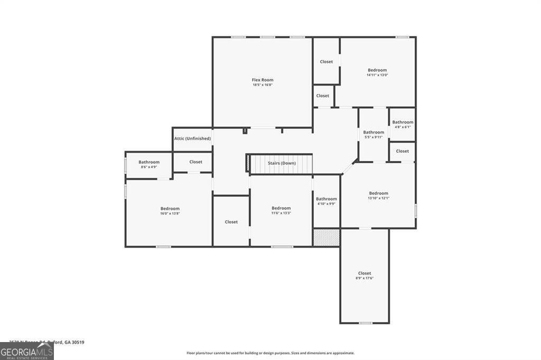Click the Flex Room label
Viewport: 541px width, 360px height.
point(263,80)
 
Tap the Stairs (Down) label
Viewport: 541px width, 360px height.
point(281,163)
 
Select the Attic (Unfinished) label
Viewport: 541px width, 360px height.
point(192,139)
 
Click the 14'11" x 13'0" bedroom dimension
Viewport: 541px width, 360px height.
point(377,75)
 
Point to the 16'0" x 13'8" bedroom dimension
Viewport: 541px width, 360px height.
point(170,213)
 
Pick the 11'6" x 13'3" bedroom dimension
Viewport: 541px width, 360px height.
point(281,213)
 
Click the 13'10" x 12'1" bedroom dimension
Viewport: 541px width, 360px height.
point(378,198)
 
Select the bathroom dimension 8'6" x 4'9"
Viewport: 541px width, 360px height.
point(149,167)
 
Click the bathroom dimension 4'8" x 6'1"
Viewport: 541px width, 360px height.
point(403,127)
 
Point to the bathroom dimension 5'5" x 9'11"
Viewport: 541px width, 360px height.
point(373,137)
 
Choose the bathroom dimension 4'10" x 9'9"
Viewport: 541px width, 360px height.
point(326,204)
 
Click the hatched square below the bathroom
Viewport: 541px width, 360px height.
point(326,237)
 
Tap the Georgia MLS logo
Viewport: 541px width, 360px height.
point(26,351)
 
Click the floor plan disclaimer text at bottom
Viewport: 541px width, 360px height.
point(270,353)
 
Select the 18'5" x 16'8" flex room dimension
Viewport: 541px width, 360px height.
point(263,85)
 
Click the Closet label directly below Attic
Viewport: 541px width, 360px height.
point(195,162)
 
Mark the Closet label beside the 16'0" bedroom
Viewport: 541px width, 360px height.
point(231,222)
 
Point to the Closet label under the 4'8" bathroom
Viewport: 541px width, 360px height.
point(402,151)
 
